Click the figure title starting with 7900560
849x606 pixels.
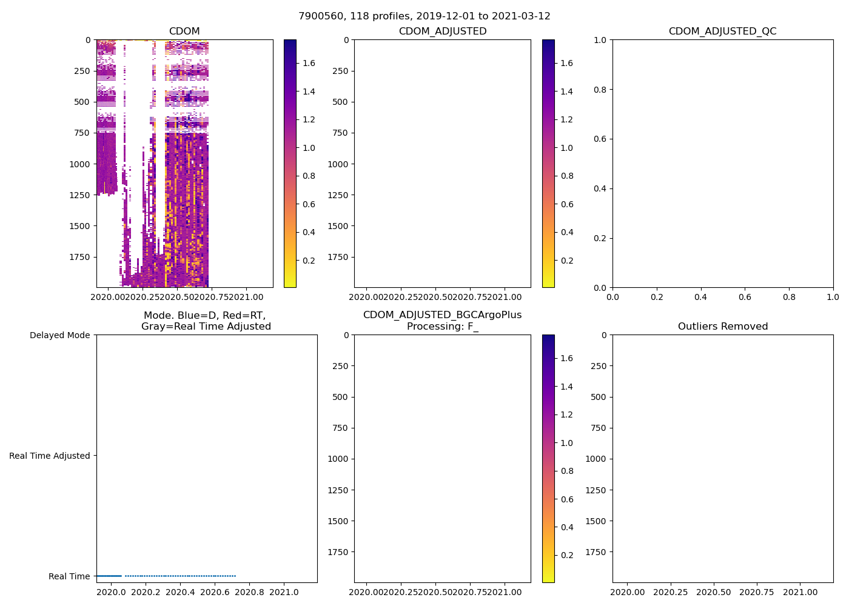pos(424,16)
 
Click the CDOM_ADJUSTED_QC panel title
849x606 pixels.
pos(722,32)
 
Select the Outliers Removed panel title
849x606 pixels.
pos(722,327)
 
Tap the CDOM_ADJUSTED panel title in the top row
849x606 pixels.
pos(442,32)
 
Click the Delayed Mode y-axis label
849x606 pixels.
pos(59,335)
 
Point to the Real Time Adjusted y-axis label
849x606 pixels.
pos(49,456)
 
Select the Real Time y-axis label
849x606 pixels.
pos(69,576)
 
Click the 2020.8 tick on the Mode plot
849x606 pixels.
pos(249,593)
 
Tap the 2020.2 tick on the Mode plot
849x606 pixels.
pos(146,593)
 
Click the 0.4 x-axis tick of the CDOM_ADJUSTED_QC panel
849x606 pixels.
pos(700,298)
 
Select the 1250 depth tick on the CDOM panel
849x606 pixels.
pos(81,195)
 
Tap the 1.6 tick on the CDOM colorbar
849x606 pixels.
pos(309,63)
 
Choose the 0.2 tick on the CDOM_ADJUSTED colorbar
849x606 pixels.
pos(567,261)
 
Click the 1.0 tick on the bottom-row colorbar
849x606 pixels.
pos(567,443)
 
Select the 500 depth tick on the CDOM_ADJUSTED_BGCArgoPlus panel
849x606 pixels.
pos(341,397)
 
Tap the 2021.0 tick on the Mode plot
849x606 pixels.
pos(284,593)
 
